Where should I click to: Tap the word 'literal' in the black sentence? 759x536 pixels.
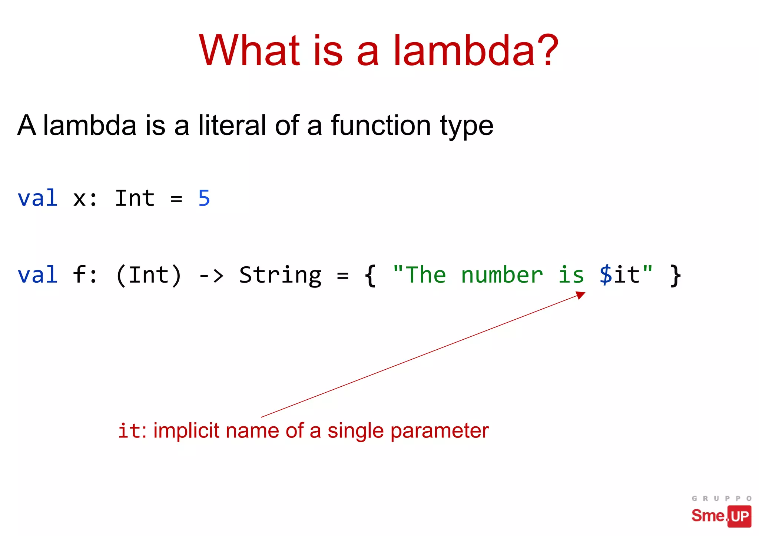pyautogui.click(x=232, y=125)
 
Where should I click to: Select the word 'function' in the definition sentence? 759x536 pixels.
pyautogui.click(x=381, y=125)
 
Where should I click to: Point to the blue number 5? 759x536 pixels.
pyautogui.click(x=204, y=198)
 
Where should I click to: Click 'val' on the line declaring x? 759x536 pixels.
pyautogui.click(x=37, y=198)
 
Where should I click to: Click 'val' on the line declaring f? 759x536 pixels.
pyautogui.click(x=37, y=275)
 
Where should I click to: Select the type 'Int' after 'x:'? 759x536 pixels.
pyautogui.click(x=135, y=198)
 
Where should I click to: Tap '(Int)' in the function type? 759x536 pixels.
pyautogui.click(x=149, y=276)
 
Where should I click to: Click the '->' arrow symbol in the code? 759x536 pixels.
pyautogui.click(x=211, y=276)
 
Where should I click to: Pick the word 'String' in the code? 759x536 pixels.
pyautogui.click(x=280, y=276)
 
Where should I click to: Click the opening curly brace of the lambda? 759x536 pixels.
pyautogui.click(x=370, y=276)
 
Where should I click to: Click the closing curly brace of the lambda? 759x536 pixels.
pyautogui.click(x=676, y=276)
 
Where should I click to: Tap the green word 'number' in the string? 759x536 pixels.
pyautogui.click(x=502, y=275)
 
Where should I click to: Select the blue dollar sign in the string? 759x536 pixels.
pyautogui.click(x=606, y=275)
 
